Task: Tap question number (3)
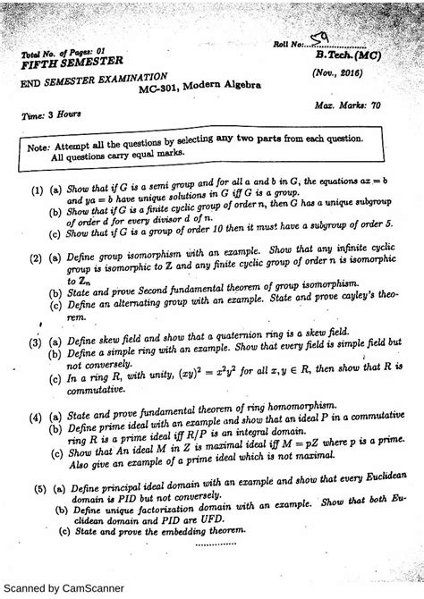point(35,343)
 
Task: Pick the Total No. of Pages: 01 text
point(64,53)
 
